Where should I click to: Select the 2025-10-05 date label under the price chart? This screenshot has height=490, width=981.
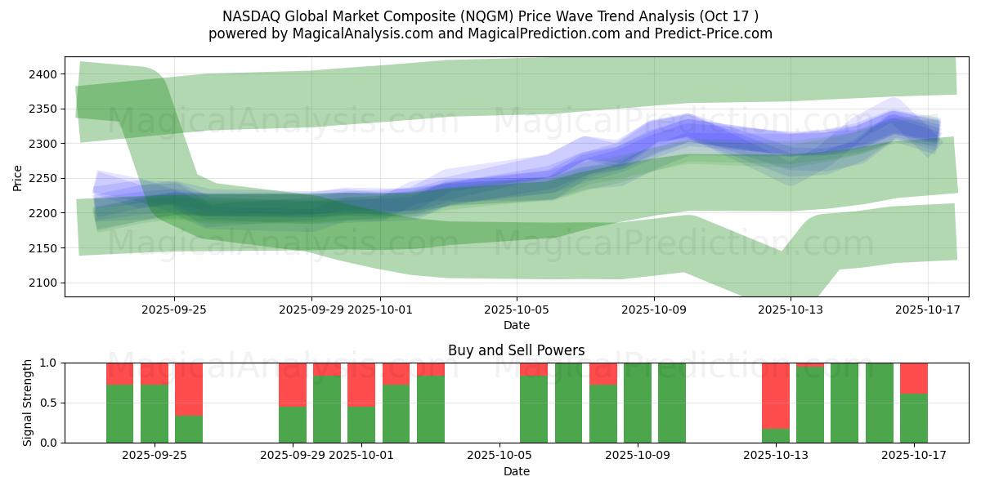click(516, 310)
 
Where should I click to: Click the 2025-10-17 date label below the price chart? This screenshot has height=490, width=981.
click(927, 310)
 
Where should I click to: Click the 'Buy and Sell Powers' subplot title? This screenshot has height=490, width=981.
click(516, 351)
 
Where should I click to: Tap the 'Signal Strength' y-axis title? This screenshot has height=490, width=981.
click(28, 403)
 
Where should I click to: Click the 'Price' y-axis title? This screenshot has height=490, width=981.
click(18, 178)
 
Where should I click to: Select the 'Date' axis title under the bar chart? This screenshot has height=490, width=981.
click(516, 472)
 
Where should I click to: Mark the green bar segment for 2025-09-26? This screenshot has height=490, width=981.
click(189, 429)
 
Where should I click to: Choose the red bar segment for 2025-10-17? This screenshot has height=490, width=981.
click(914, 378)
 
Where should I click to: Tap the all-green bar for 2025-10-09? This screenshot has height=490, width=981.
click(638, 403)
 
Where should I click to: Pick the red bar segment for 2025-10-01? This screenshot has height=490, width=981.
click(361, 385)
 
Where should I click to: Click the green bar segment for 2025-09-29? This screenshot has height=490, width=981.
click(293, 425)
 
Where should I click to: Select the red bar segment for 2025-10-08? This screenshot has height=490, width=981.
click(603, 374)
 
